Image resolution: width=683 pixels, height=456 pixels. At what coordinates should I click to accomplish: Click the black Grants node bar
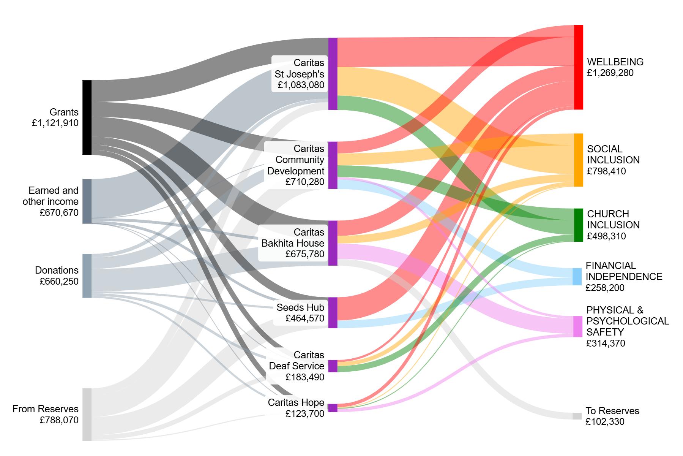tap(87, 117)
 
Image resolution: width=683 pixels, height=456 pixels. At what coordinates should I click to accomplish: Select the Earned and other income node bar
tap(87, 201)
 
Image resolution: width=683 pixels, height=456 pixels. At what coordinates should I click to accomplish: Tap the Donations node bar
tap(87, 275)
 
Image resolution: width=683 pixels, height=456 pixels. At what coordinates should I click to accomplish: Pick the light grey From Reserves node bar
tap(87, 414)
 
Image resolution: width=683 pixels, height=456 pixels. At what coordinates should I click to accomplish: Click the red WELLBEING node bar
tap(578, 67)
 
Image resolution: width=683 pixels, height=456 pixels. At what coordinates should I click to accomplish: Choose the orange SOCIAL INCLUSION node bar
tap(578, 160)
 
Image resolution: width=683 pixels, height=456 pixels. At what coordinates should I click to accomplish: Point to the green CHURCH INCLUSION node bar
tap(578, 225)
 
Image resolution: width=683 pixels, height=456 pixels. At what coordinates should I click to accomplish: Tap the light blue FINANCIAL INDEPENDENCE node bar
tap(577, 277)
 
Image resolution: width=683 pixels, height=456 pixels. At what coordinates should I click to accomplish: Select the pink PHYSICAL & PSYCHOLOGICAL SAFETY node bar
tap(577, 326)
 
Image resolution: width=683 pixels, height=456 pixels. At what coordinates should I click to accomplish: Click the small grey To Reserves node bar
tap(577, 416)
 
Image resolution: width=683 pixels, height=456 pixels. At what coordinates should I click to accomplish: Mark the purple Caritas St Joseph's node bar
tap(333, 74)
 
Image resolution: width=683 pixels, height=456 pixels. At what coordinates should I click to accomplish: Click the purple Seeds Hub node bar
tap(333, 312)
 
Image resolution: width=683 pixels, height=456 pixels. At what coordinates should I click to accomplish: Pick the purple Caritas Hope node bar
tap(333, 408)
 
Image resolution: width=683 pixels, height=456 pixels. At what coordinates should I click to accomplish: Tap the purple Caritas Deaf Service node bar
tap(333, 366)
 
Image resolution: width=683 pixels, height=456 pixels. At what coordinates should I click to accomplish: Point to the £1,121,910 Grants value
tap(55, 123)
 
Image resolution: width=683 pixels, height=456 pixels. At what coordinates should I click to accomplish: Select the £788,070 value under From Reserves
tap(59, 420)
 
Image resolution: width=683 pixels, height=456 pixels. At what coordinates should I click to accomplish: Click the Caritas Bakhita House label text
tap(293, 238)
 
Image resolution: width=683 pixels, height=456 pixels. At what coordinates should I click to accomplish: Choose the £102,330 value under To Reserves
tap(605, 422)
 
